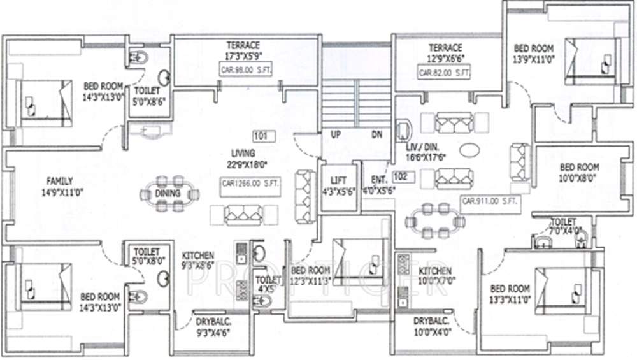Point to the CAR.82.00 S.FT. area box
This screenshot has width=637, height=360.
click(x=445, y=73)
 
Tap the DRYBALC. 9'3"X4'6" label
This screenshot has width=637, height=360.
click(x=213, y=326)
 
